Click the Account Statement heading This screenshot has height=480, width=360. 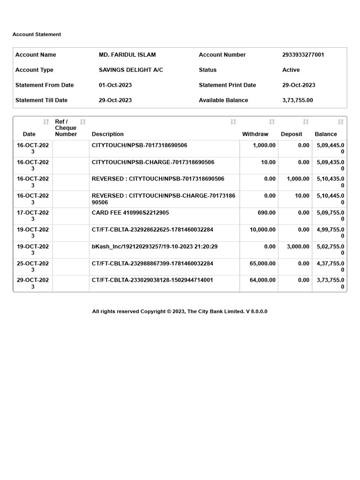click(37, 34)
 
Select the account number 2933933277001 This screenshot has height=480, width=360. click(303, 55)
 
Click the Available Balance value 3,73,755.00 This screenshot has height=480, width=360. click(297, 100)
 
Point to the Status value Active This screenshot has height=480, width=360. click(291, 70)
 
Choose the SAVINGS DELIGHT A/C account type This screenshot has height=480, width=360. click(131, 70)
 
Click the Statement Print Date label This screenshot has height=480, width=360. click(227, 85)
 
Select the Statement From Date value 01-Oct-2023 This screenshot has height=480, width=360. click(115, 85)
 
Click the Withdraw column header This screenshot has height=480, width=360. click(255, 134)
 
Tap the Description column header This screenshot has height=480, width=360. click(108, 134)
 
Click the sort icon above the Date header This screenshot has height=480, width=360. click(46, 122)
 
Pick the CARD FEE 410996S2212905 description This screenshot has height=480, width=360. click(130, 213)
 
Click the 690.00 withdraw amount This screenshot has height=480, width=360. click(267, 213)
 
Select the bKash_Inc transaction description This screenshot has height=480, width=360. click(155, 247)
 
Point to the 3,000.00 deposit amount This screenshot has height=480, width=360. click(298, 247)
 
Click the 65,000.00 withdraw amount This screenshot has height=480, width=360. click(262, 263)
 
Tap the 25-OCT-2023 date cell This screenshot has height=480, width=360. click(33, 267)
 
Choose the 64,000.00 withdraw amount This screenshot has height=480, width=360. click(262, 280)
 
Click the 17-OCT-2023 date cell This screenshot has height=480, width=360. click(33, 216)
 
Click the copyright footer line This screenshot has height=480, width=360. click(180, 312)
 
